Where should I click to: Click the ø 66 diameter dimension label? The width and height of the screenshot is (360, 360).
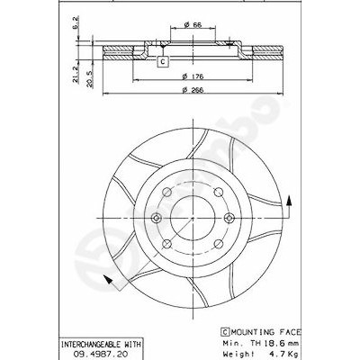point(192,25)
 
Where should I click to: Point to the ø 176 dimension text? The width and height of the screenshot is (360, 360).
point(193,76)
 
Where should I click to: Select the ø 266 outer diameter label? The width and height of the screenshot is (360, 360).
point(193,90)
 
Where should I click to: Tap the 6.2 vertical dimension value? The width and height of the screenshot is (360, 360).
point(76,23)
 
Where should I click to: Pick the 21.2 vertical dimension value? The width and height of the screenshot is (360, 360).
point(76,75)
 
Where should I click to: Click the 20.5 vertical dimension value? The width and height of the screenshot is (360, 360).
point(90,79)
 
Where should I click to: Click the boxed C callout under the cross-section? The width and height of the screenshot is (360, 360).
point(162,61)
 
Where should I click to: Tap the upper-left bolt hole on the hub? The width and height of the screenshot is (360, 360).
point(166,193)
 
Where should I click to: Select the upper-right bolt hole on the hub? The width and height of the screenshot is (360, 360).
point(219,193)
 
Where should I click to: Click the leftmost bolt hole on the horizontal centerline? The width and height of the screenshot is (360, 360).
point(156,218)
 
